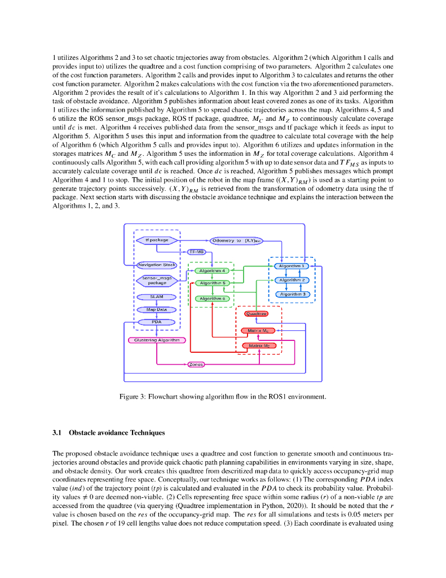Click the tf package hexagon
[157, 240]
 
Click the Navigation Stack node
[157, 264]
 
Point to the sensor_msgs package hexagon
[157, 281]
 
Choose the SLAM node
[156, 296]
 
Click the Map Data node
[157, 309]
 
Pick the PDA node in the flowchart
[157, 322]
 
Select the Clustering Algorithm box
[157, 340]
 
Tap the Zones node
[196, 365]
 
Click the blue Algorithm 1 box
[292, 266]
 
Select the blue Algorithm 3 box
[292, 294]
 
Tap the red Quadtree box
[255, 313]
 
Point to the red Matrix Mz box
[259, 345]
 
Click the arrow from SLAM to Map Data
[156, 303]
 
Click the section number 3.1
[57, 433]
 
